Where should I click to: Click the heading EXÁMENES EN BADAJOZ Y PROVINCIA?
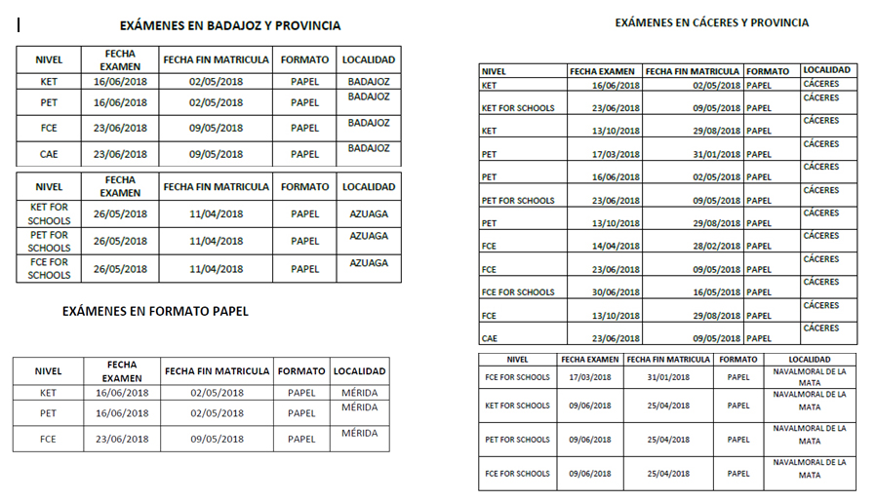229,26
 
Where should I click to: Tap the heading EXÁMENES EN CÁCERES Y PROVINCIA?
711,22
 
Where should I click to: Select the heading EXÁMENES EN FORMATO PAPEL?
155,312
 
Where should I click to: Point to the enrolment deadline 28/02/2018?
692,247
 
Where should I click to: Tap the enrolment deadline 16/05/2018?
692,292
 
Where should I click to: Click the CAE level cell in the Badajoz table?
49,154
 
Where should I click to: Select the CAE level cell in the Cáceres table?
490,339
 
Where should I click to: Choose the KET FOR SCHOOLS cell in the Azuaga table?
49,214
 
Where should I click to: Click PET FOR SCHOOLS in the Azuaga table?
49,241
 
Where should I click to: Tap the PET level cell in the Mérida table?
48,413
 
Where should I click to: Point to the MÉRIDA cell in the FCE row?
359,433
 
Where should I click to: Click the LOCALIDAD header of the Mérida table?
359,371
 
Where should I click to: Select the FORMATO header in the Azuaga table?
304,187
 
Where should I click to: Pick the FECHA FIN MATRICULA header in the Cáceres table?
692,71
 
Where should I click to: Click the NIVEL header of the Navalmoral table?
518,360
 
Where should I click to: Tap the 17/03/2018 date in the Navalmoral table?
589,377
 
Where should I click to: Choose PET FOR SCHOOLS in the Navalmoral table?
518,440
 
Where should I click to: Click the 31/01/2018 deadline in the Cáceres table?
692,154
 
